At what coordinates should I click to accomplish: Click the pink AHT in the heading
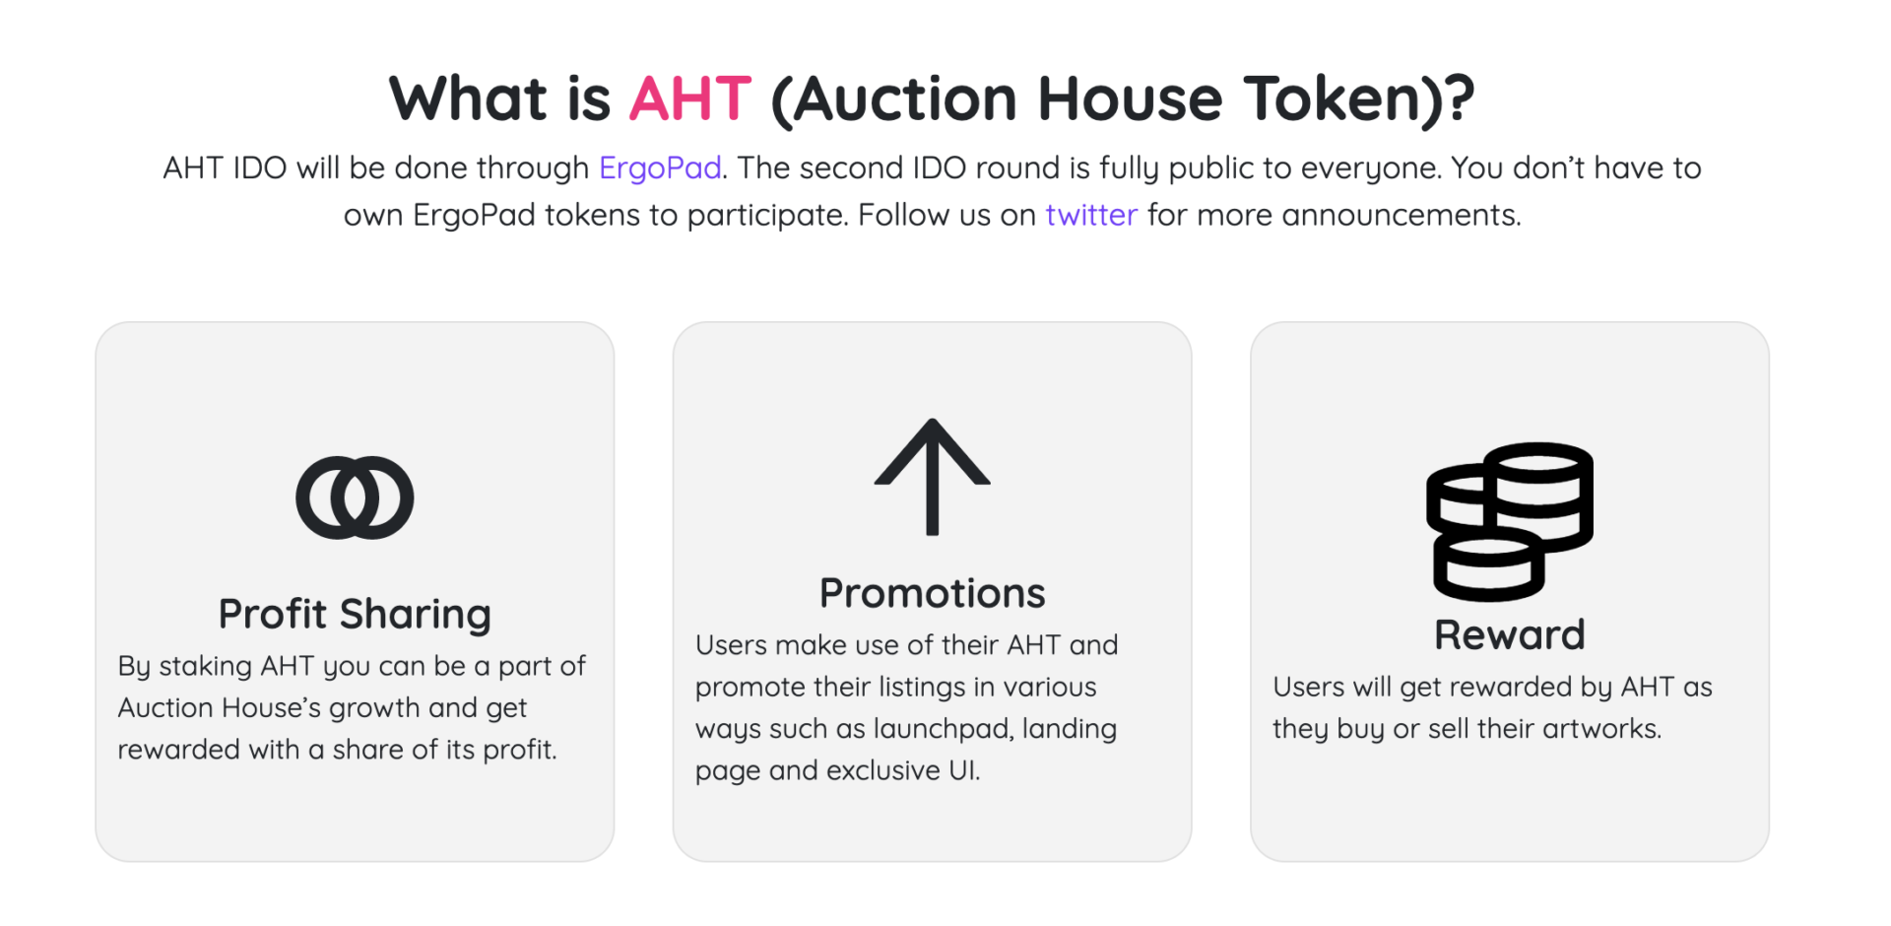pyautogui.click(x=690, y=99)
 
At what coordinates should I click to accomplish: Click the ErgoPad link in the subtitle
pyautogui.click(x=660, y=167)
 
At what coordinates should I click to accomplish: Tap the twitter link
pyautogui.click(x=1091, y=215)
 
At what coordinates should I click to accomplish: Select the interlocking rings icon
pyautogui.click(x=355, y=497)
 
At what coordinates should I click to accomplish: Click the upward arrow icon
pyautogui.click(x=932, y=478)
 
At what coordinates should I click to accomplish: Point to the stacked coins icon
pyautogui.click(x=1509, y=521)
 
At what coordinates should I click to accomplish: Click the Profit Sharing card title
pyautogui.click(x=355, y=614)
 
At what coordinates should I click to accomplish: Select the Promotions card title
pyautogui.click(x=932, y=593)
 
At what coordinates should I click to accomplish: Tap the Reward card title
pyautogui.click(x=1509, y=634)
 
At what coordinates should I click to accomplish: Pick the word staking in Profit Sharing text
pyautogui.click(x=205, y=667)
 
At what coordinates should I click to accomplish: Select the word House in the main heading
pyautogui.click(x=1130, y=99)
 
